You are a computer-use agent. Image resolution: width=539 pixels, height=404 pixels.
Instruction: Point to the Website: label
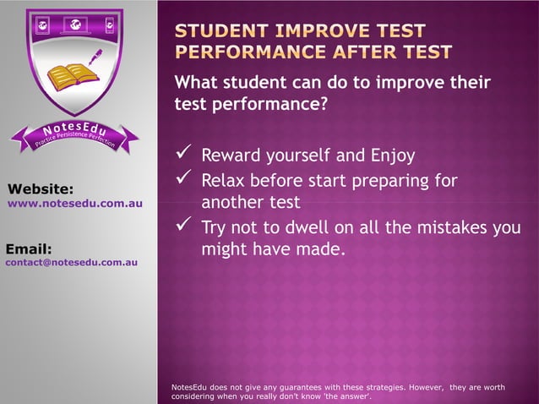point(41,188)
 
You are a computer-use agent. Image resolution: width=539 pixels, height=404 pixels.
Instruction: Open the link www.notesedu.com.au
point(75,204)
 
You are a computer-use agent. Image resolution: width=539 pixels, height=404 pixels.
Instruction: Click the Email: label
point(30,248)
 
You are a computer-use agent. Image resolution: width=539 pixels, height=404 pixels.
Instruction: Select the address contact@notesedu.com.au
point(72,263)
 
